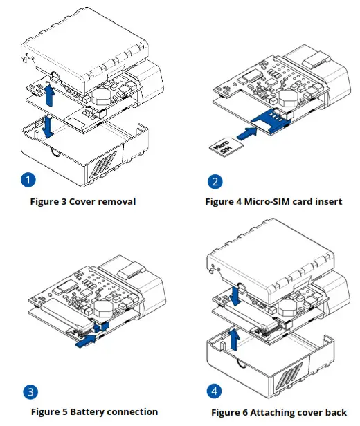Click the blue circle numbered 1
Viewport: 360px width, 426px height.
click(x=28, y=180)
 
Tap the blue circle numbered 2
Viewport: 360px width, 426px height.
click(x=216, y=183)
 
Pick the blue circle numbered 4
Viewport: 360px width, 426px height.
click(x=216, y=391)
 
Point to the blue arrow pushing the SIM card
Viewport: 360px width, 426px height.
click(x=249, y=130)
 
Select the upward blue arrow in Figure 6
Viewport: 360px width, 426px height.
click(x=236, y=340)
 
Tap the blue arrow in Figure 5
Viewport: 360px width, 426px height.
click(x=88, y=339)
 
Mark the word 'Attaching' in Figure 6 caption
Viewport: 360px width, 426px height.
click(x=273, y=412)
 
